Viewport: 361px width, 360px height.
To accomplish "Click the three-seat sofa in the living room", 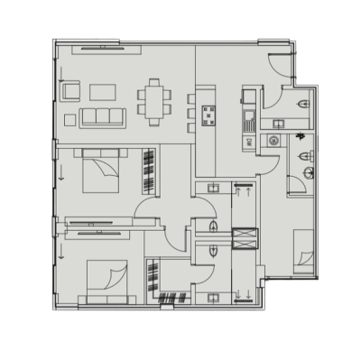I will click(x=101, y=116).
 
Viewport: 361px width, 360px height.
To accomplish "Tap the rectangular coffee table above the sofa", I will click(x=101, y=90).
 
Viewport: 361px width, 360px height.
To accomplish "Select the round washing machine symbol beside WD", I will click(x=273, y=140).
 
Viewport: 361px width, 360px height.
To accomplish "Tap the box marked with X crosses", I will click(x=244, y=238).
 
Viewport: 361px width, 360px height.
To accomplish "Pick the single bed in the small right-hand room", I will click(x=304, y=252).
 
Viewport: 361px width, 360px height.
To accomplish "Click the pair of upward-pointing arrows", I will click(x=244, y=190).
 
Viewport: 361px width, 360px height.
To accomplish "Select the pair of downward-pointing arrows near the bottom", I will click(x=243, y=293).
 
